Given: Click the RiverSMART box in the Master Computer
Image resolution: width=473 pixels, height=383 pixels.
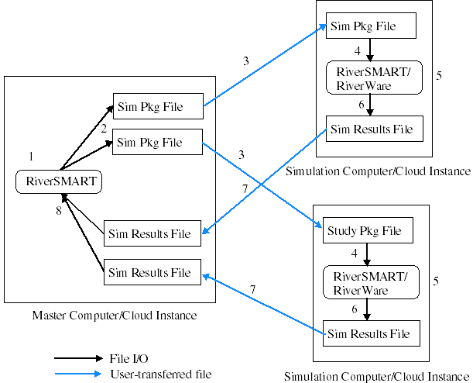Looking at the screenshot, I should (60, 182).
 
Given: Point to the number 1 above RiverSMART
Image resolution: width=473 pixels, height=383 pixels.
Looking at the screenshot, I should (30, 157).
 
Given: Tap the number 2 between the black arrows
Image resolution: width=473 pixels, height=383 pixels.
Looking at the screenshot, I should (102, 130).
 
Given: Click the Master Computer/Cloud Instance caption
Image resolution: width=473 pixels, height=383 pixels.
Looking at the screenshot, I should (114, 315).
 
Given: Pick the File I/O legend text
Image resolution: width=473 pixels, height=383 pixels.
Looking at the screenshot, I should (129, 358).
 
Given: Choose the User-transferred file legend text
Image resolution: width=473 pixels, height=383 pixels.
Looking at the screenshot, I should (160, 374).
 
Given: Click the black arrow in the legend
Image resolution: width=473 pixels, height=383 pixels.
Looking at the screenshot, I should (77, 358).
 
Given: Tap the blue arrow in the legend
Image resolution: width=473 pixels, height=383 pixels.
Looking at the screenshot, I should (77, 374).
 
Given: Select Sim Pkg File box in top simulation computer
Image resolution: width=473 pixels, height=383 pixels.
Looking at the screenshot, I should (372, 27).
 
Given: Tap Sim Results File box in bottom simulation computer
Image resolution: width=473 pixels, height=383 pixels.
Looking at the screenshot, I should (368, 333).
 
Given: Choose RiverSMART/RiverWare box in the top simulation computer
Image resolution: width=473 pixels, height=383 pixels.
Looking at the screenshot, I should (373, 78).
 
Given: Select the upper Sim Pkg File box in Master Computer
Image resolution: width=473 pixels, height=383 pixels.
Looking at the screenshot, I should (158, 107).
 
